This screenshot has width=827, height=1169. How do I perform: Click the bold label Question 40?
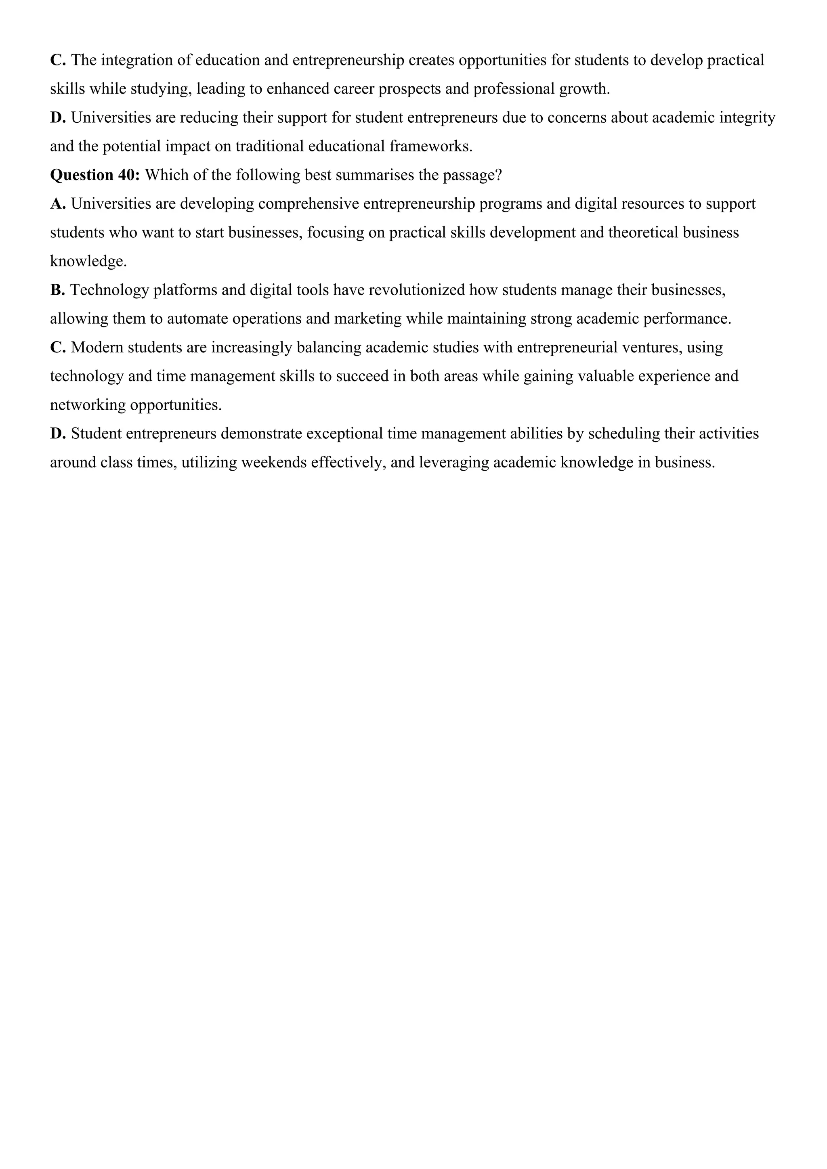[x=95, y=175]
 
